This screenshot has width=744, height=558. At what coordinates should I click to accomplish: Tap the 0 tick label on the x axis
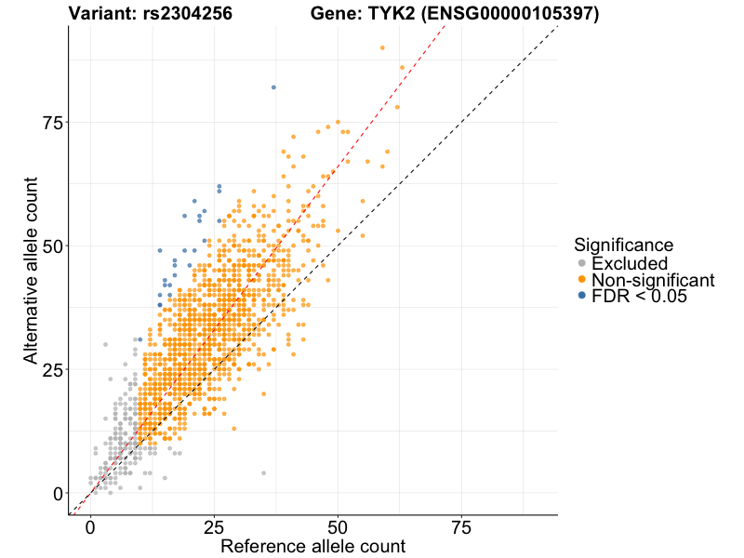click(x=90, y=527)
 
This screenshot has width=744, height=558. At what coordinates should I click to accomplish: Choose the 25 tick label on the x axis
click(x=214, y=527)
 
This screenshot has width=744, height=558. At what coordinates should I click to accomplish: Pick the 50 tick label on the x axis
click(x=338, y=527)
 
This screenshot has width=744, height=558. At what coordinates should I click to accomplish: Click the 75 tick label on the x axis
click(x=460, y=527)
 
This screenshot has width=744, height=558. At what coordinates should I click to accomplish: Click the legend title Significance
click(x=623, y=245)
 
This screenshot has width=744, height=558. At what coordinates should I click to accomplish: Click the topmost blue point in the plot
click(x=273, y=87)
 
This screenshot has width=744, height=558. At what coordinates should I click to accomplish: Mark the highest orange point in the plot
click(x=382, y=47)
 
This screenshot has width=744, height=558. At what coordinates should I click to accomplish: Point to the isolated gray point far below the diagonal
click(x=263, y=473)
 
